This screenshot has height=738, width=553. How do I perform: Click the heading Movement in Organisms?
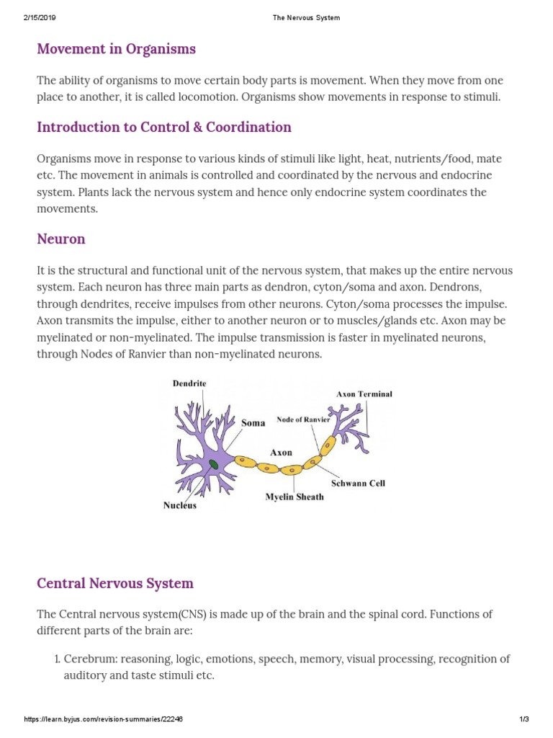pyautogui.click(x=116, y=49)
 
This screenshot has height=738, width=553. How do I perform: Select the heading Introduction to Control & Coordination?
pyautogui.click(x=164, y=128)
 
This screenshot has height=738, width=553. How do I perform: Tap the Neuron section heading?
pyautogui.click(x=61, y=239)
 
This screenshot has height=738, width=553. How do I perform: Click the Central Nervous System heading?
pyautogui.click(x=115, y=583)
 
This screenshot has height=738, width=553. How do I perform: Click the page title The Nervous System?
pyautogui.click(x=306, y=18)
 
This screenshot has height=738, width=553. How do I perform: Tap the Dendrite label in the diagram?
pyautogui.click(x=189, y=384)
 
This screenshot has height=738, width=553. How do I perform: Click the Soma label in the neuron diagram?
pyautogui.click(x=253, y=423)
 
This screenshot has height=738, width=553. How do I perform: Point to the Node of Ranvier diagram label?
pyautogui.click(x=303, y=419)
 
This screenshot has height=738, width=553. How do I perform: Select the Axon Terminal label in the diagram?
pyautogui.click(x=364, y=394)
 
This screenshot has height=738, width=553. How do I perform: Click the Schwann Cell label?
pyautogui.click(x=358, y=483)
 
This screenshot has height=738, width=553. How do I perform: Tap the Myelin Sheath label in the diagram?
pyautogui.click(x=295, y=497)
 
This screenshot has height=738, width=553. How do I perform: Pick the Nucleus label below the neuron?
pyautogui.click(x=180, y=505)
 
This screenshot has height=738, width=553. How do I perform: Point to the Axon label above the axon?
pyautogui.click(x=281, y=453)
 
